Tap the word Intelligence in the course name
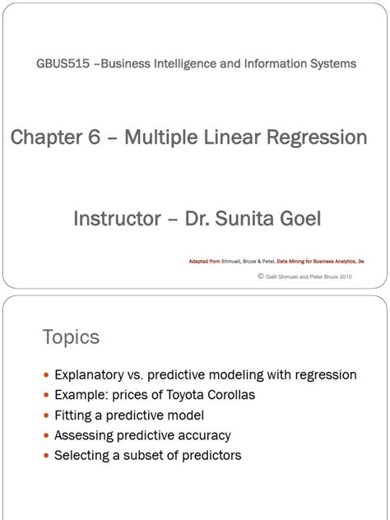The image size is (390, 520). tap(186, 63)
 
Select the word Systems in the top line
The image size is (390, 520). tap(332, 63)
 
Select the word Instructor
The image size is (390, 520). tap(118, 219)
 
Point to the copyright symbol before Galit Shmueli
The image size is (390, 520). tap(260, 276)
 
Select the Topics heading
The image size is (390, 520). tap(71, 337)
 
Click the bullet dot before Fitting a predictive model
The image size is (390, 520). tap(46, 416)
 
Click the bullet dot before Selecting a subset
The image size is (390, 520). tap(46, 456)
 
